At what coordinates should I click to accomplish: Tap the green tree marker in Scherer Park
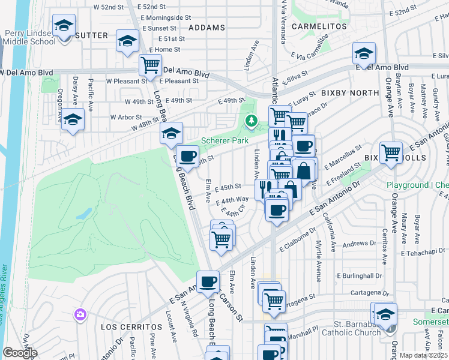click(252, 122)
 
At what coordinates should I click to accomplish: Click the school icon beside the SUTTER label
click(64, 26)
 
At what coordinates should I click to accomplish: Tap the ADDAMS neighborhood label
click(206, 28)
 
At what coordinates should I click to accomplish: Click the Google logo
click(20, 353)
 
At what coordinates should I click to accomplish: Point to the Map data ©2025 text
click(424, 355)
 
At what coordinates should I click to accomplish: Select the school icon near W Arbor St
click(73, 120)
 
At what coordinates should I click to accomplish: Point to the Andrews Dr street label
click(359, 244)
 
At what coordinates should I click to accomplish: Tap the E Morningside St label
click(161, 17)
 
